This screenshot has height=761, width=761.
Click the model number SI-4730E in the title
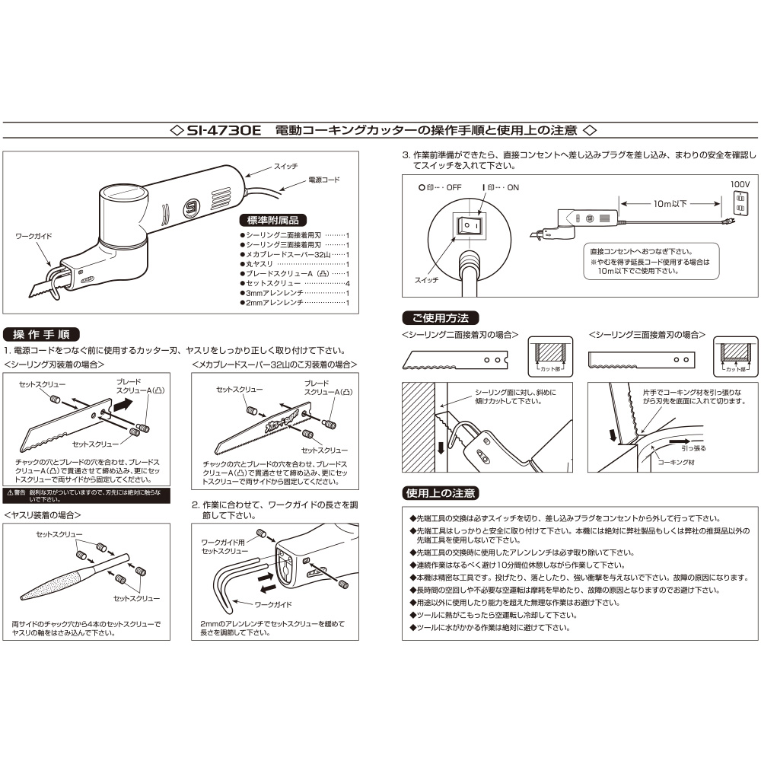click(224, 130)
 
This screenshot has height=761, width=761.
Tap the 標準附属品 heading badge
click(273, 221)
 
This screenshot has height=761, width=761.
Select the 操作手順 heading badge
click(41, 334)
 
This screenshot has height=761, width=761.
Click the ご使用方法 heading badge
click(441, 318)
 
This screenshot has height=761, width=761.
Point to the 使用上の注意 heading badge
click(441, 493)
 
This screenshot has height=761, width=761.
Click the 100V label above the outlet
click(740, 184)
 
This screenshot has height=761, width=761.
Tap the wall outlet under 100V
click(740, 204)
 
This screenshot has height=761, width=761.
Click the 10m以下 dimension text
click(670, 204)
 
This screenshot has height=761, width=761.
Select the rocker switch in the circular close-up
click(470, 226)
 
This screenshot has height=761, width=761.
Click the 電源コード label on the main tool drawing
click(324, 180)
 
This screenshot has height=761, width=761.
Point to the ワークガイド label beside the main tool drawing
click(33, 236)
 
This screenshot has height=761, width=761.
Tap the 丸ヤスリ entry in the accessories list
click(260, 264)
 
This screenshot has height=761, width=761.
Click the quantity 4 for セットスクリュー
click(348, 283)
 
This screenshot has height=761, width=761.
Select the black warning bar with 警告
click(87, 495)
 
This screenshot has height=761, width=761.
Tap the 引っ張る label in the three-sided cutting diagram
click(693, 448)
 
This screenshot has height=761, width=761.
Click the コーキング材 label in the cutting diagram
click(676, 462)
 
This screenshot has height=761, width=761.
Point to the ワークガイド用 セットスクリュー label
click(224, 546)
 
